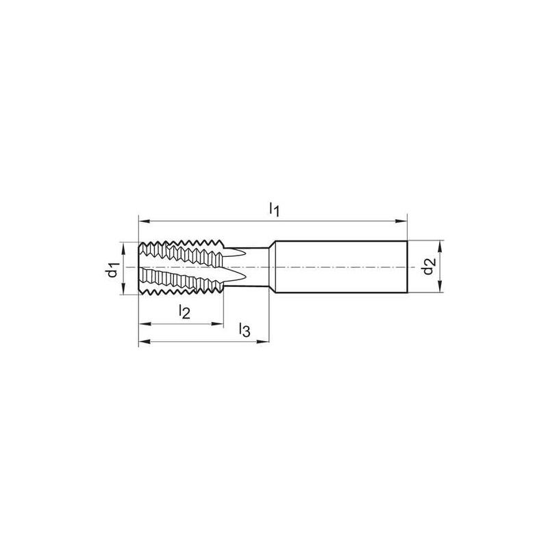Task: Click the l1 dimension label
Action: point(275,210)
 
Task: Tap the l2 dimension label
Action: point(184,312)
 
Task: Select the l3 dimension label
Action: point(245,329)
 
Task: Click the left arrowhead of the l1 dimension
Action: point(145,221)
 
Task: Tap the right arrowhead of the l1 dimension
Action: point(401,221)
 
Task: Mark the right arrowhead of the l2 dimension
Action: point(217,324)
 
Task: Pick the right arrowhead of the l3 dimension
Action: point(263,341)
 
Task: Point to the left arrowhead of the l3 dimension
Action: point(145,341)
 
